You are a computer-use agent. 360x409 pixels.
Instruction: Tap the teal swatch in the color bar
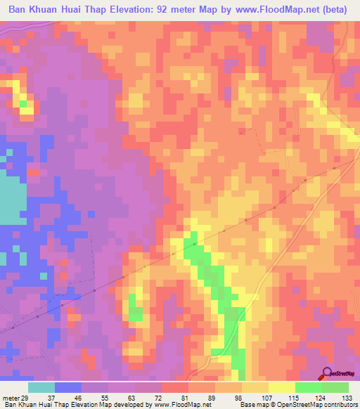pyautogui.click(x=41, y=387)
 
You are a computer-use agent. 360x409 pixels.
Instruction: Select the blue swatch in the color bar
pyautogui.click(x=67, y=387)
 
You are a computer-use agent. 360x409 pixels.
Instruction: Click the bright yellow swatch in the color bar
pyautogui.click(x=281, y=387)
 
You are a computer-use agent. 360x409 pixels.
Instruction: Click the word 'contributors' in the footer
pyautogui.click(x=340, y=405)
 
